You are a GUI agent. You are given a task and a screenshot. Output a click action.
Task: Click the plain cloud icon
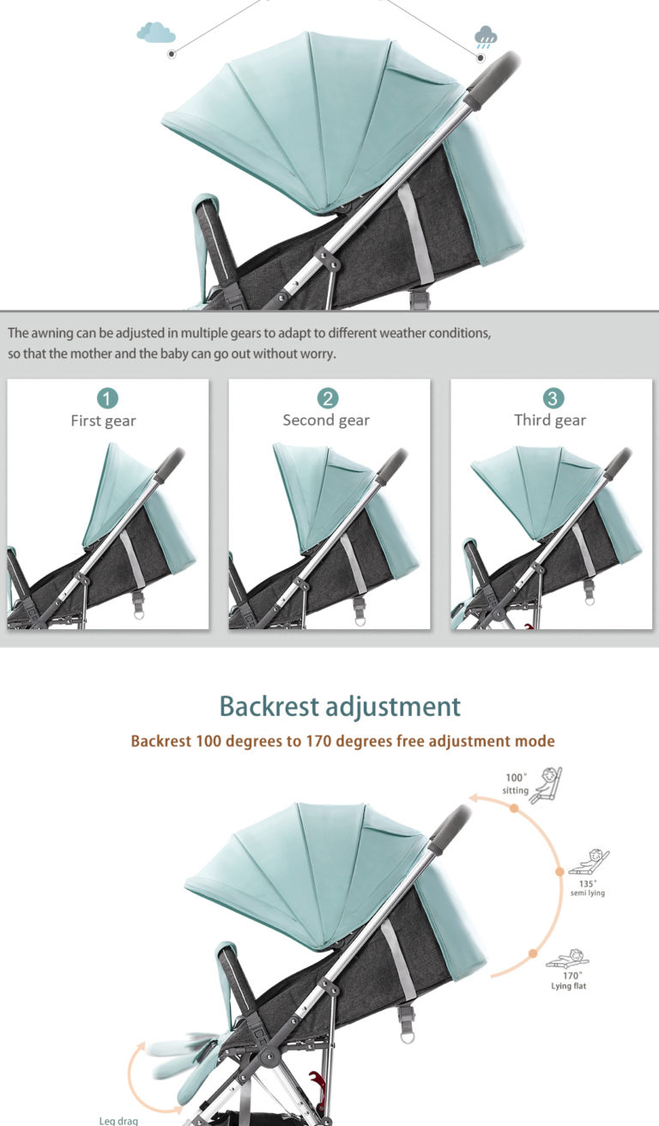tap(156, 33)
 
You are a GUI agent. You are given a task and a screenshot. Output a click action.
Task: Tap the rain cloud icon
tap(486, 37)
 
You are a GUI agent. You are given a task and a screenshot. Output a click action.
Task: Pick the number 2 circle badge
tap(328, 398)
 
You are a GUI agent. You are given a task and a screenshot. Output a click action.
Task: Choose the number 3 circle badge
tap(552, 398)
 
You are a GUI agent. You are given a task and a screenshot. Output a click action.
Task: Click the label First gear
tap(103, 421)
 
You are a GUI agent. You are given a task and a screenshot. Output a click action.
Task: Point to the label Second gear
tap(326, 421)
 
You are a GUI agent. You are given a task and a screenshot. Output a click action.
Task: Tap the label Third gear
tap(550, 421)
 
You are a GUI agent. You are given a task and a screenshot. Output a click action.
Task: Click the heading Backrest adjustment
tap(340, 706)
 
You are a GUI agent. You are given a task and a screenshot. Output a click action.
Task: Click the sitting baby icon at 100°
tap(546, 784)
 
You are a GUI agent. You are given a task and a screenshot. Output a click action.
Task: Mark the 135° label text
tap(588, 883)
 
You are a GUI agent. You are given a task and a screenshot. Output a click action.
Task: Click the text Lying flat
tap(569, 986)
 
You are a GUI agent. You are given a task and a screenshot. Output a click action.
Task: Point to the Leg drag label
tap(118, 1120)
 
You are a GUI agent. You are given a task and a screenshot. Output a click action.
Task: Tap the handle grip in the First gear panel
tap(171, 460)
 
